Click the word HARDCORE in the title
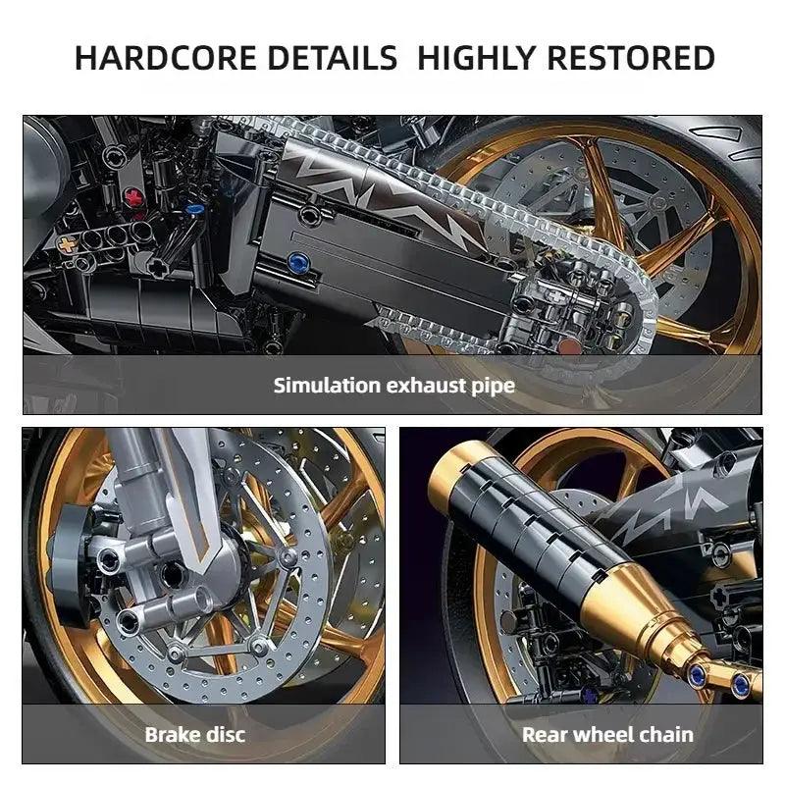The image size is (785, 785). click(x=165, y=58)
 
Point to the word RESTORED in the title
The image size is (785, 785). click(x=631, y=58)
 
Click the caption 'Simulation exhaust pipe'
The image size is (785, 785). click(x=394, y=386)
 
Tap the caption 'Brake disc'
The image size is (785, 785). click(x=195, y=734)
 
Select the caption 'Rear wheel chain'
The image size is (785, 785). click(x=607, y=734)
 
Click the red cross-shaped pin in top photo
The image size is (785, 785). click(x=133, y=197)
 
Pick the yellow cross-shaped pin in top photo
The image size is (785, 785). click(x=67, y=244)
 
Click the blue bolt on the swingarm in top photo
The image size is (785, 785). click(x=298, y=261)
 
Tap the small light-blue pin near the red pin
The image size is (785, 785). click(x=194, y=209)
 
